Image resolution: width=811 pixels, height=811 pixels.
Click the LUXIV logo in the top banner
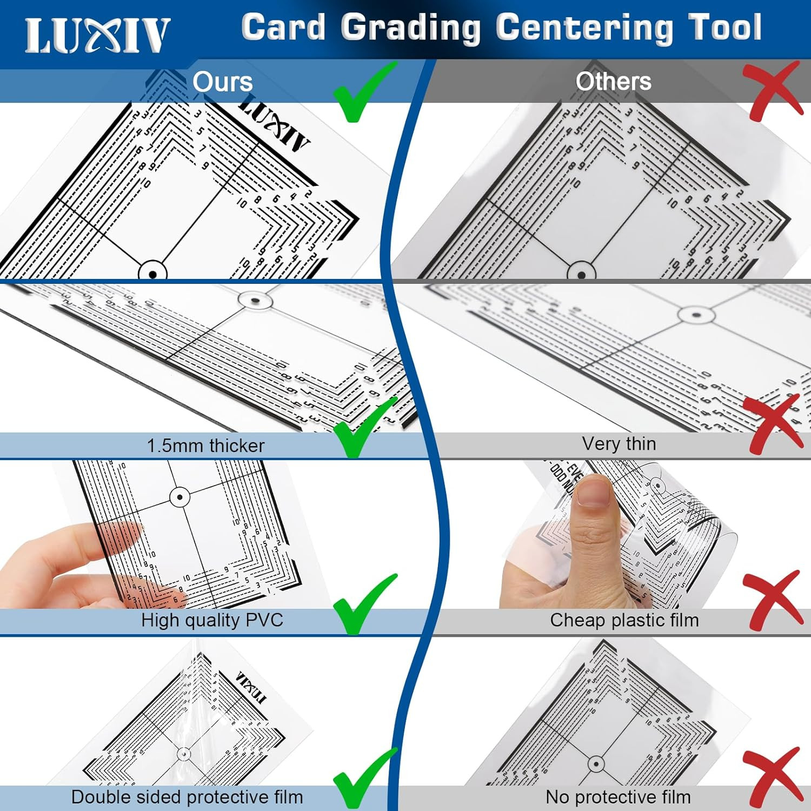(97, 36)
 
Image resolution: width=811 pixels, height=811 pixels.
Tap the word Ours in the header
(222, 82)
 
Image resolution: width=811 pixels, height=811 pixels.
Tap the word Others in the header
(613, 82)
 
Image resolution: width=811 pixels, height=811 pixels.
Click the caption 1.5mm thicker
(205, 446)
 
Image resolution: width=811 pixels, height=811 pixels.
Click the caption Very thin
(619, 444)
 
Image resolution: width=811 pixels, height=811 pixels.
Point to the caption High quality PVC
(212, 620)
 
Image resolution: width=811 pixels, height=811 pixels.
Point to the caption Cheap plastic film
(624, 620)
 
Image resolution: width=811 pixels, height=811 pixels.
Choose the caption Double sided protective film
(187, 797)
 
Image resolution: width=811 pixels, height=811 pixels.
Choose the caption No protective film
(618, 797)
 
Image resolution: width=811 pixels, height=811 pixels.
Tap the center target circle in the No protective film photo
(596, 765)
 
